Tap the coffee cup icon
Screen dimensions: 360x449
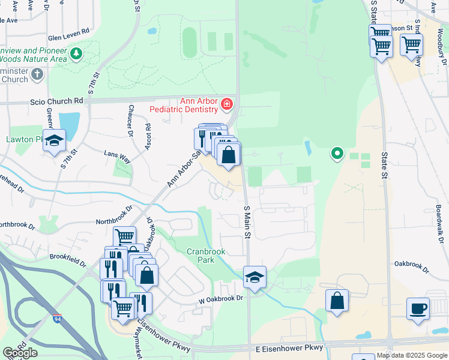pos(418,310)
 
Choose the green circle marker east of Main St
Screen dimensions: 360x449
pos(337,154)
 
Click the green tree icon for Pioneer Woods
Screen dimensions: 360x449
pos(76,55)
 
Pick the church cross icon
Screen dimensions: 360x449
pos(37,75)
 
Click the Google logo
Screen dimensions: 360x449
pos(19,353)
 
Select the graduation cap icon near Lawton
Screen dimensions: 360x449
pos(54,140)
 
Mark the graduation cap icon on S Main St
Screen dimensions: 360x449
pos(255,277)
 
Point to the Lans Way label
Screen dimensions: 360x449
pos(117,157)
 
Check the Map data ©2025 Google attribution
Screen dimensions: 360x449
pos(412,355)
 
